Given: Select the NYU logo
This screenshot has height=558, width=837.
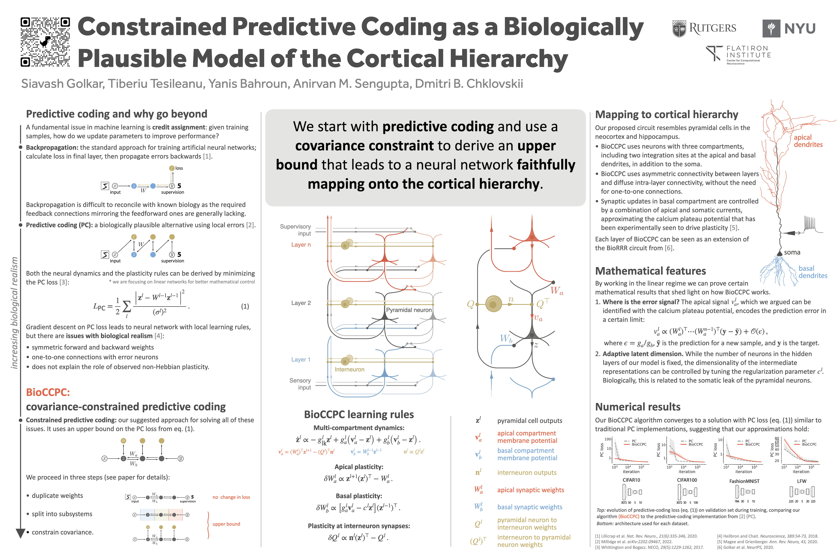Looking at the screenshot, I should click(x=789, y=28).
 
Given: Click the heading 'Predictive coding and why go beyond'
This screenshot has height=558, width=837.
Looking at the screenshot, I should click(x=116, y=114).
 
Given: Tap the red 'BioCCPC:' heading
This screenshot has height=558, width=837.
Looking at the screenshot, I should click(x=48, y=392).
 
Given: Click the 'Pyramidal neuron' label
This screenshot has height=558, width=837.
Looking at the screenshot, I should click(x=409, y=310).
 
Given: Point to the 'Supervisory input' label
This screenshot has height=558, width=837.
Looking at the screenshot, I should click(x=296, y=230).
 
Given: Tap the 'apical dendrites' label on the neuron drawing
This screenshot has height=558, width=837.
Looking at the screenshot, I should click(x=808, y=141).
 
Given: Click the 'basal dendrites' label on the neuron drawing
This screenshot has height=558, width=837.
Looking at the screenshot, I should click(x=812, y=272).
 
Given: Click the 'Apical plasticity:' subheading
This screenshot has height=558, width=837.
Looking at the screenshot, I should click(x=358, y=467).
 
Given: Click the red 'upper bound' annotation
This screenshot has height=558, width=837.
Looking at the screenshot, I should click(x=226, y=524).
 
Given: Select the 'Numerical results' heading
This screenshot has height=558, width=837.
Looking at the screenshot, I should click(x=638, y=407).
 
